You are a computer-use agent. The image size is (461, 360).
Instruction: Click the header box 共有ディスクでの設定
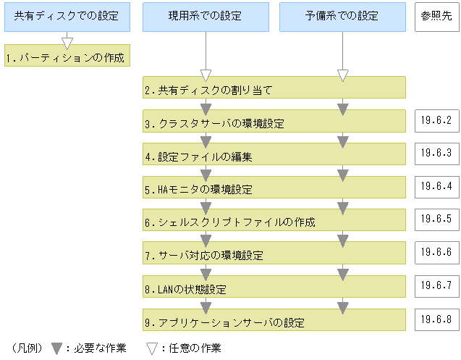pos(67,17)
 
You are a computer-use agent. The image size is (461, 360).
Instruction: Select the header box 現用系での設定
pos(206,17)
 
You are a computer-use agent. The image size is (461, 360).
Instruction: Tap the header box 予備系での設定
pos(342,17)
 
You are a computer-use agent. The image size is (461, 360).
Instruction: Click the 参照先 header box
pos(437,16)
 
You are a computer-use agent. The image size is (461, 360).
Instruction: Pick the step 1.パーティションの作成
pos(67,56)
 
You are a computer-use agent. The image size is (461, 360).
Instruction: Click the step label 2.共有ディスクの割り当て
pos(208,91)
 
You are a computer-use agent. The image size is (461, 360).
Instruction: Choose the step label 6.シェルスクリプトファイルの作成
pos(229,222)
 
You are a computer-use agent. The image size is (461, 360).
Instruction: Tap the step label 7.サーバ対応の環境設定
pos(203,256)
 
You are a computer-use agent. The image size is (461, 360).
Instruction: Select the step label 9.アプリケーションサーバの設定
pos(224,322)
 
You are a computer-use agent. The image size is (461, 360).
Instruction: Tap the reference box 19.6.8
pos(437,318)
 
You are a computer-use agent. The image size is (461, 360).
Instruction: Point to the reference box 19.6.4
pos(437,185)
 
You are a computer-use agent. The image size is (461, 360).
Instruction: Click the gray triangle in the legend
pos(56,348)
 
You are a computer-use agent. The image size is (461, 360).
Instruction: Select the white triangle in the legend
pos(152,348)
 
